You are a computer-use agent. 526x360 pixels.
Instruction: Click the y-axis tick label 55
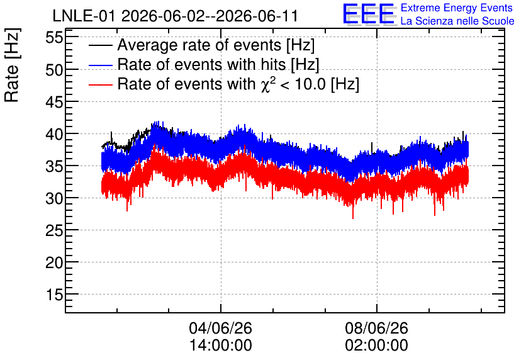point(54,37)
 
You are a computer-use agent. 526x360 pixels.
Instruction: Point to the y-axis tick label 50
point(54,70)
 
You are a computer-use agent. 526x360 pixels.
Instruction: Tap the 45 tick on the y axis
point(54,102)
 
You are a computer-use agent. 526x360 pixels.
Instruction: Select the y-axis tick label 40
point(54,134)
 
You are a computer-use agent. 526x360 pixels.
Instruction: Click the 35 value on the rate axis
point(54,166)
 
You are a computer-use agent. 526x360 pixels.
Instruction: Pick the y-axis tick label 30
point(54,198)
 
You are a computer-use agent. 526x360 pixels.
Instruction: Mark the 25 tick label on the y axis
point(54,230)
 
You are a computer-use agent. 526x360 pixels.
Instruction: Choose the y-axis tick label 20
point(54,262)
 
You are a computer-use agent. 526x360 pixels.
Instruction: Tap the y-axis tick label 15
point(54,295)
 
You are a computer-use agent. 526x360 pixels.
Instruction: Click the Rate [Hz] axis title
point(12,65)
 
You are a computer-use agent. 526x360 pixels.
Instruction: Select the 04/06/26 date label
point(220,328)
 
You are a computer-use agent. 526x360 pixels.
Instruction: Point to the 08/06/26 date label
point(376,328)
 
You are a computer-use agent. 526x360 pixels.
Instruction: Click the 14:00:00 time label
point(220,345)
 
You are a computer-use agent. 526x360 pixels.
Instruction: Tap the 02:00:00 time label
point(376,345)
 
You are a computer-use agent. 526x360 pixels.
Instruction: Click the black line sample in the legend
point(100,45)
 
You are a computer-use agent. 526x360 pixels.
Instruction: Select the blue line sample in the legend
point(100,65)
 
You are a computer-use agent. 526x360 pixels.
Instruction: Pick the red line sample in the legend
point(100,84)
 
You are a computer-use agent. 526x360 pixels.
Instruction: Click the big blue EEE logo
point(369,14)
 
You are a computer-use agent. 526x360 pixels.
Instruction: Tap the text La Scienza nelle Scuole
point(457,21)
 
